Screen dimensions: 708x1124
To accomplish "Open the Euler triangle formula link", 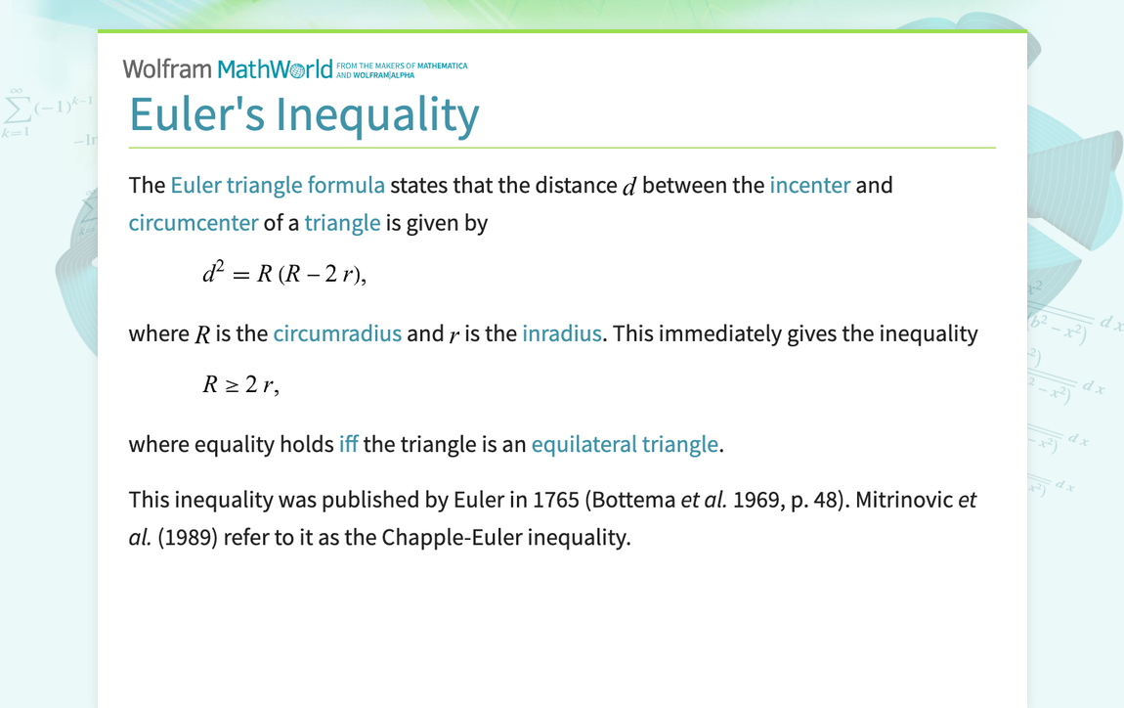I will click(x=278, y=185).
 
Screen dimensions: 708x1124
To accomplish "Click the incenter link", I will click(x=809, y=185).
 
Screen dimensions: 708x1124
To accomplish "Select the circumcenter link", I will click(x=194, y=222).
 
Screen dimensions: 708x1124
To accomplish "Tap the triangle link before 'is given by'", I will click(x=342, y=222).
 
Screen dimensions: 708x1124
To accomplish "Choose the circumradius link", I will click(x=337, y=333).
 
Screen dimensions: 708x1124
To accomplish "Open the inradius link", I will click(x=561, y=333).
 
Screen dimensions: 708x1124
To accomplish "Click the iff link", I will click(x=348, y=444).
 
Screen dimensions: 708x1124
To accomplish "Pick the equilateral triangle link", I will click(x=625, y=444).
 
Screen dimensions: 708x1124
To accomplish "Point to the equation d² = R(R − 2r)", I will click(x=283, y=274).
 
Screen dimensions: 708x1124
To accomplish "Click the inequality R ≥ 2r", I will click(x=240, y=384).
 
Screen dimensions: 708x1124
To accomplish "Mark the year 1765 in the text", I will click(x=557, y=500).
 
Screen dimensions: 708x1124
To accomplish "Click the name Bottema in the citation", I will click(x=634, y=500).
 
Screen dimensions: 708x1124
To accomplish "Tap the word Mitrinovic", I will click(x=904, y=500).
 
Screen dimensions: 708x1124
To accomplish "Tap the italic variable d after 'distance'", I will click(x=628, y=186).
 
